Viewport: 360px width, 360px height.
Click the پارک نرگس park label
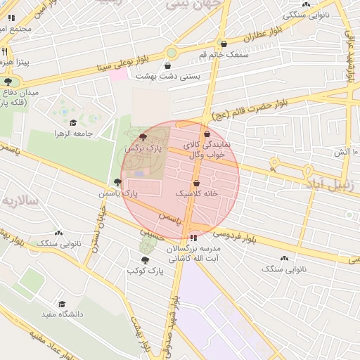coord(143,148)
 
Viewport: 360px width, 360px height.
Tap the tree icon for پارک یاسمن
coord(117,181)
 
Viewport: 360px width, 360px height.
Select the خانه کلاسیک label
coord(196,192)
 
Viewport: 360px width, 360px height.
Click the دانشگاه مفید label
coord(62,314)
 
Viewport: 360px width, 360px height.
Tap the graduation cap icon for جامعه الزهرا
coord(73,123)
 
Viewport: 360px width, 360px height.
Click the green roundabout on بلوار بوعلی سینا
coord(172,53)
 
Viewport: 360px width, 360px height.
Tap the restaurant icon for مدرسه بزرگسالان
coord(193,238)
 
